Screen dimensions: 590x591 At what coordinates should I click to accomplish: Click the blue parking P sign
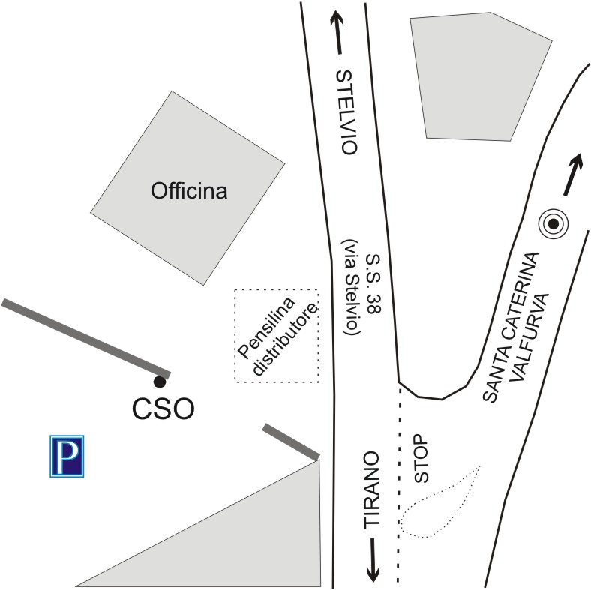[x=67, y=456]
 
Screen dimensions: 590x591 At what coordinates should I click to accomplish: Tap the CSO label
[x=163, y=409]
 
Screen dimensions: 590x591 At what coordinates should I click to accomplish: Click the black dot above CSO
[x=159, y=382]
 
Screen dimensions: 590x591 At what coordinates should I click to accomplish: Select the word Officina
[x=189, y=191]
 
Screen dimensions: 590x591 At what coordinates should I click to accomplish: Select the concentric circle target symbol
[x=553, y=223]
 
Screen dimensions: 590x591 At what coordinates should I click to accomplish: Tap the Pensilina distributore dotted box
[x=277, y=336]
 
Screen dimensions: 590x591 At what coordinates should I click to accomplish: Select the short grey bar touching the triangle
[x=291, y=442]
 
